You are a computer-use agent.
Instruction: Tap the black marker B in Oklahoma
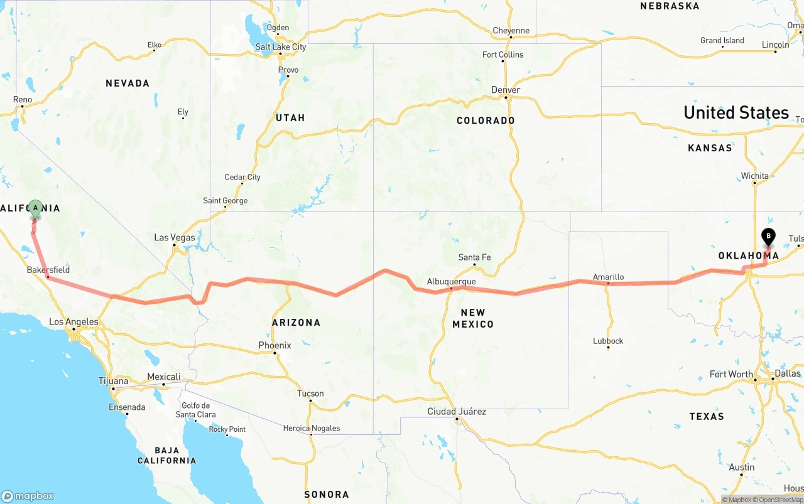(768, 237)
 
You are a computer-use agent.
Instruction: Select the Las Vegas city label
(175, 237)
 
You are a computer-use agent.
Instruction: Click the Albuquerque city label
(451, 281)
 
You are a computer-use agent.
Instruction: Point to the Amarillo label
(608, 277)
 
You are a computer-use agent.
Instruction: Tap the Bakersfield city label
(48, 270)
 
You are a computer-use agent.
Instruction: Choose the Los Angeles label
(73, 322)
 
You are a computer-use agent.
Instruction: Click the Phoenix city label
(274, 345)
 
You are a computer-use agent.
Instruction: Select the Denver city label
(506, 90)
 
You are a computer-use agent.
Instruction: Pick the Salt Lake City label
(281, 47)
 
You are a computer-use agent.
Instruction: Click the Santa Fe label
(474, 257)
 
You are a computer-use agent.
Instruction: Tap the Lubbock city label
(608, 341)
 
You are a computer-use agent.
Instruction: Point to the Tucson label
(310, 394)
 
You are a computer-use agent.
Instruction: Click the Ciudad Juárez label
(457, 412)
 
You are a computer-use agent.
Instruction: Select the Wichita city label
(754, 176)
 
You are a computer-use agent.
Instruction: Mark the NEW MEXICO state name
(473, 318)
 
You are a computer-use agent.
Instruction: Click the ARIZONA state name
(296, 323)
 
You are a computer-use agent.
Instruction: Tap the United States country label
(736, 112)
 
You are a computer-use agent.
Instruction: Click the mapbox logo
(28, 496)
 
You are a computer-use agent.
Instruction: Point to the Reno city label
(23, 99)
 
